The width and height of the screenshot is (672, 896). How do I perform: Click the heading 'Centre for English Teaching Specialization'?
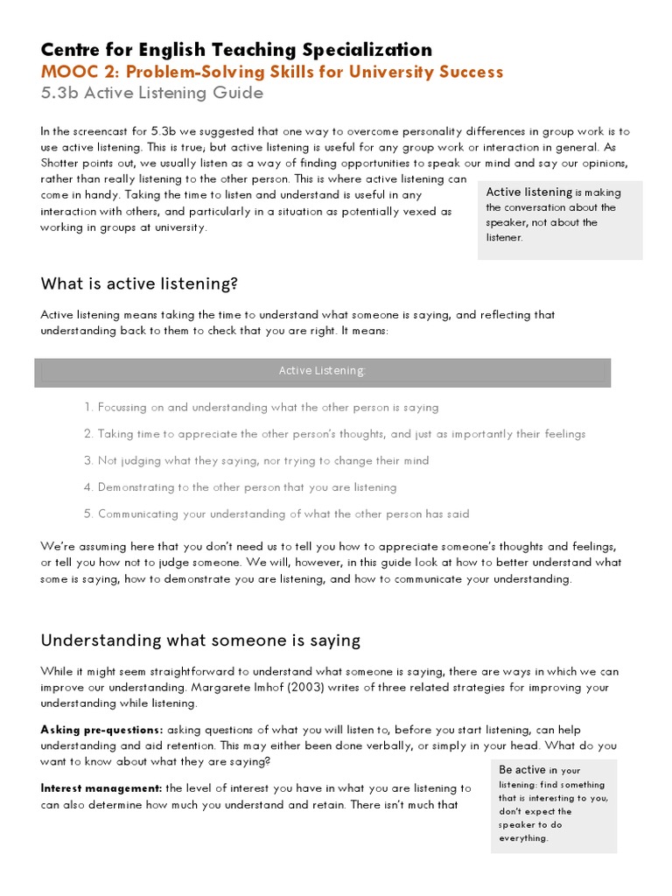coord(236,49)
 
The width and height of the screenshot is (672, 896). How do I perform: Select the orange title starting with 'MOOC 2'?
coord(272,72)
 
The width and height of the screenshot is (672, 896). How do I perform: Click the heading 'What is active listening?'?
coord(139,283)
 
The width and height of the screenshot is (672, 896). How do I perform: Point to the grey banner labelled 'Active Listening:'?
coord(322,371)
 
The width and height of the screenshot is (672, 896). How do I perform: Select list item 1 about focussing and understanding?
coord(262,408)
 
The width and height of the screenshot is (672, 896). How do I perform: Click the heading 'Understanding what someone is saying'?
coord(200,640)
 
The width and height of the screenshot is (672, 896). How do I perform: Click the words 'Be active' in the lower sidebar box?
coord(522,770)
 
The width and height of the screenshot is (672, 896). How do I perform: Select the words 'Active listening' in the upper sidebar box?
coord(528,192)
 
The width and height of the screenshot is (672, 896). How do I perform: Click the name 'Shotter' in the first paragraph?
coord(61,164)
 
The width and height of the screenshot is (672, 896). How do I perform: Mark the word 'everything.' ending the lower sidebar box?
coord(523,838)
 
